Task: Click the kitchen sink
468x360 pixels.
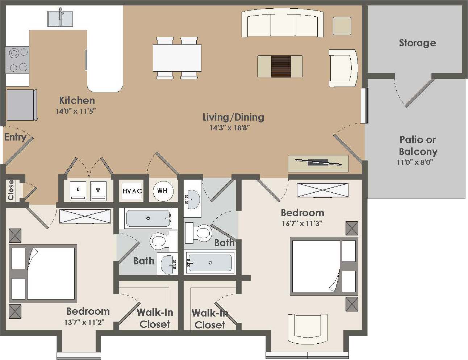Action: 60,18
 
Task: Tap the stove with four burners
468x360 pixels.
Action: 17,60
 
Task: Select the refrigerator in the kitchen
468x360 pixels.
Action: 22,105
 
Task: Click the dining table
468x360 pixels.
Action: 177,58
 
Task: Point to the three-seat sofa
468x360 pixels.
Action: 283,23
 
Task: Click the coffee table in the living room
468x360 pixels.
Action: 280,66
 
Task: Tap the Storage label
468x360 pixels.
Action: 417,43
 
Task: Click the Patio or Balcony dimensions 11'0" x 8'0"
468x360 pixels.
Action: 415,162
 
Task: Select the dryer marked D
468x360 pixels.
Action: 78,191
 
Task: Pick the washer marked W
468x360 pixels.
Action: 98,191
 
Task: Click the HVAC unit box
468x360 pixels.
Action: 131,191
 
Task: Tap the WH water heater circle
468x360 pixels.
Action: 163,191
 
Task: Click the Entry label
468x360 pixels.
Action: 15,137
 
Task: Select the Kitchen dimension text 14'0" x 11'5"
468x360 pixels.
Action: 75,111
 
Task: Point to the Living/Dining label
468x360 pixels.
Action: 233,117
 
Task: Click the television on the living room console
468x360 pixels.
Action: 318,162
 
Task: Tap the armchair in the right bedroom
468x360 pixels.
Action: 308,328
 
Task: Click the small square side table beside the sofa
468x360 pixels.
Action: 342,26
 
